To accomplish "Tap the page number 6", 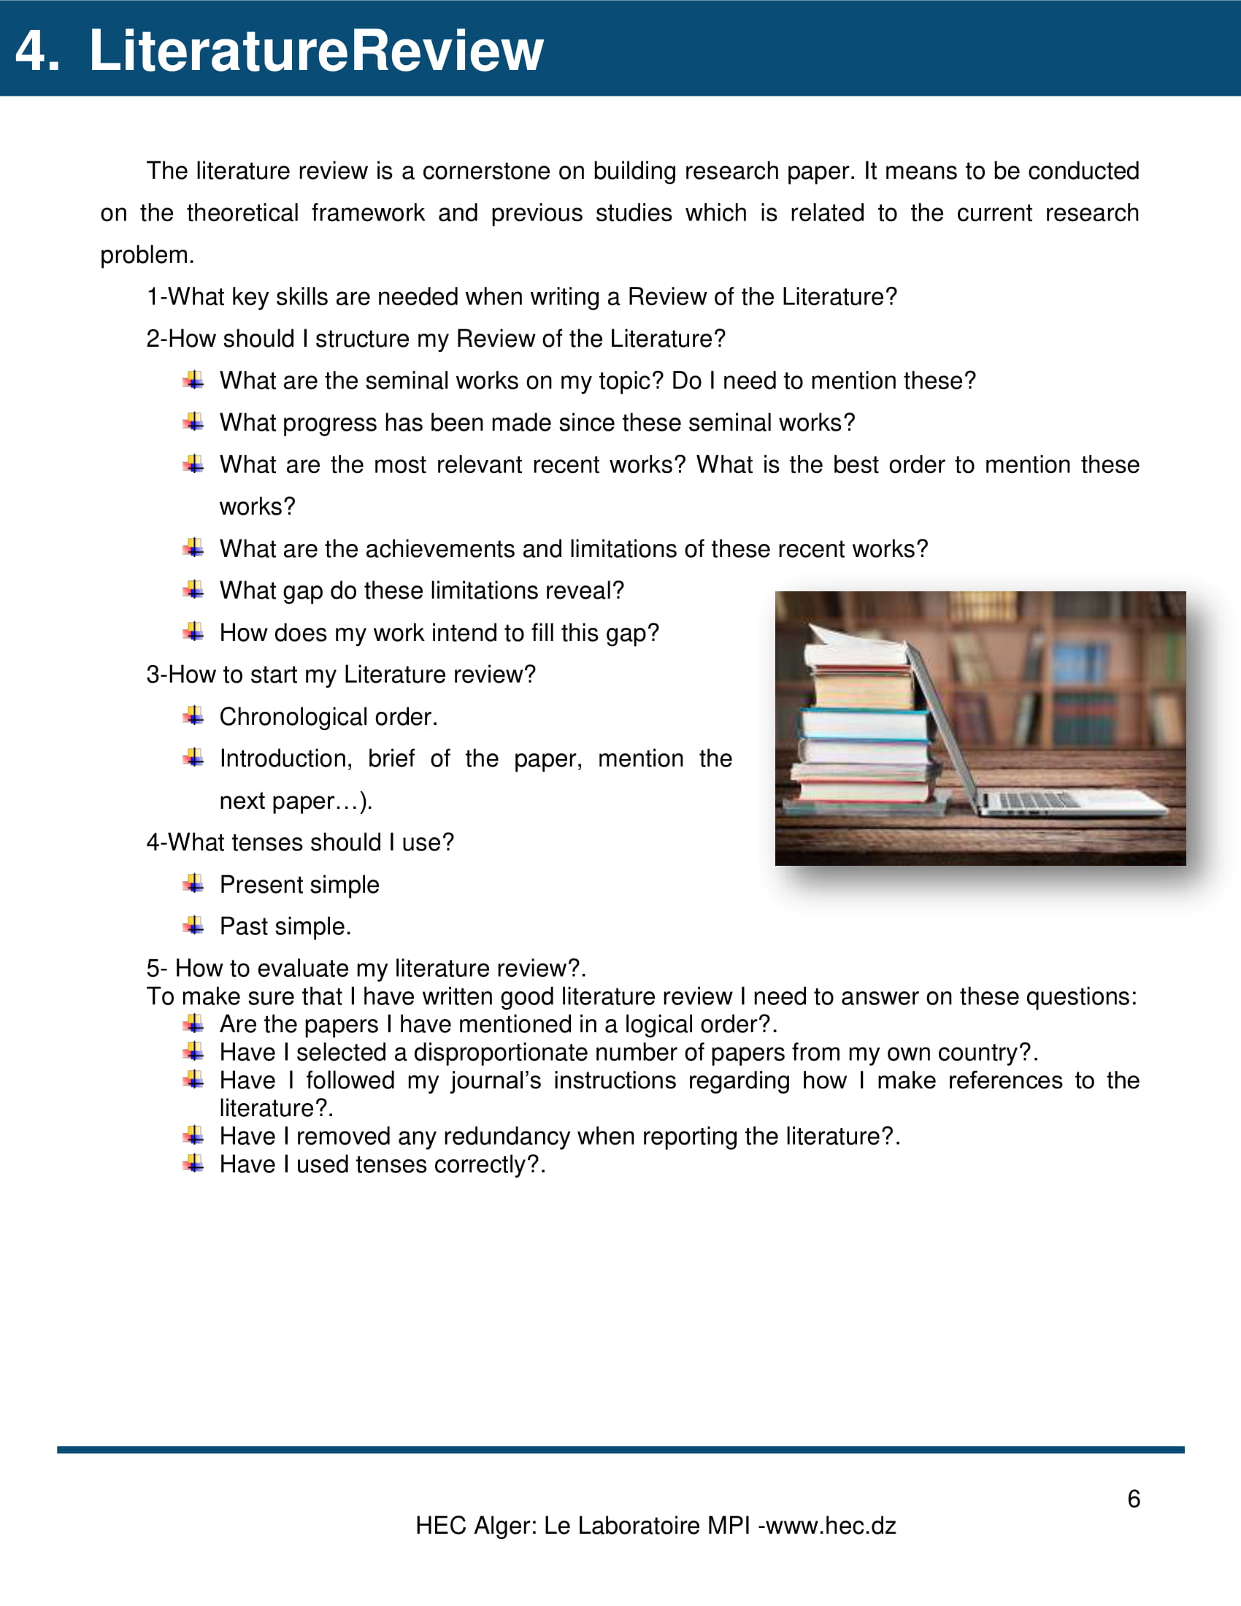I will click(1134, 1499).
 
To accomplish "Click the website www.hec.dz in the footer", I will click(830, 1526).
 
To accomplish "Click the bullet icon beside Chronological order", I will click(193, 715).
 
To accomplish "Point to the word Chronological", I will click(293, 717).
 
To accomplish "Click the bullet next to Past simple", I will click(193, 925).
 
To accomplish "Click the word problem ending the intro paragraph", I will click(145, 255).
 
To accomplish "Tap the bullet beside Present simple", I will click(193, 883).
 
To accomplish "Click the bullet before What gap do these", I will click(193, 589).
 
